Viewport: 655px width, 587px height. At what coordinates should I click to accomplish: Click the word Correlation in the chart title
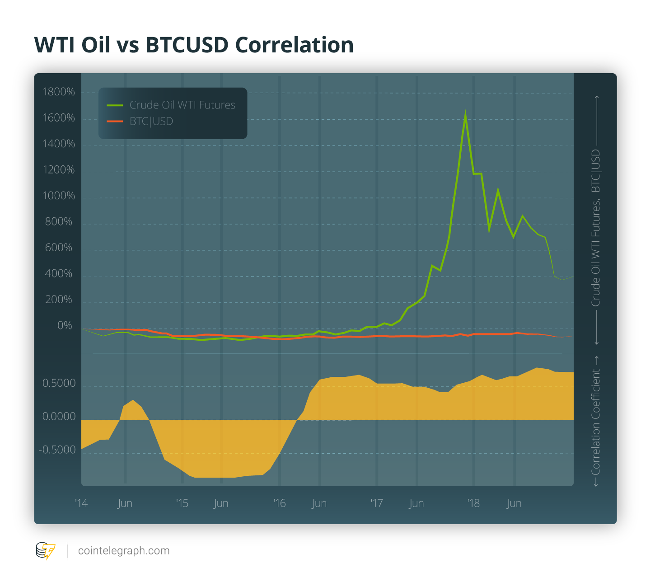(x=294, y=45)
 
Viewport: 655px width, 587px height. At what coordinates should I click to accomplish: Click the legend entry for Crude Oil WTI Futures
(x=182, y=105)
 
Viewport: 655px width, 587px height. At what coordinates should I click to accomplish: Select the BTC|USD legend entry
(x=151, y=121)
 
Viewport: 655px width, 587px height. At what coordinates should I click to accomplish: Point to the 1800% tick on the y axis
(x=59, y=92)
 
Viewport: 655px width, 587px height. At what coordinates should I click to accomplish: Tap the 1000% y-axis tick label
(x=59, y=196)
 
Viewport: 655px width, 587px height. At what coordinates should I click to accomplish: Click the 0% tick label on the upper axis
(x=65, y=325)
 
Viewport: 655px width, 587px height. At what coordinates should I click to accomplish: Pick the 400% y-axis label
(x=59, y=273)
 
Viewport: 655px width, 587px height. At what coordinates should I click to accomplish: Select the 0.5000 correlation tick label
(x=59, y=383)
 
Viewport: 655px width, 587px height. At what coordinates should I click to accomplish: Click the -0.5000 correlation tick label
(x=57, y=450)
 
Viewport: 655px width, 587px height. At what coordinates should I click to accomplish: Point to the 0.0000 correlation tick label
(x=59, y=416)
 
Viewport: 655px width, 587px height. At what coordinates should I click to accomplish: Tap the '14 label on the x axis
(x=81, y=503)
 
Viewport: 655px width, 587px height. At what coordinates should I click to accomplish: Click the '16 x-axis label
(x=279, y=503)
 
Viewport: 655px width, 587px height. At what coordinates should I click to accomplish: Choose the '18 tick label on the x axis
(x=473, y=503)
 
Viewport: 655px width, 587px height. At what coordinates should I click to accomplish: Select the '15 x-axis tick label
(x=182, y=503)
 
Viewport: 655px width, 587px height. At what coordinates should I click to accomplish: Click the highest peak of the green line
(x=465, y=114)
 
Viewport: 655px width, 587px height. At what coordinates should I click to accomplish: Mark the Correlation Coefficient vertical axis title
(x=596, y=421)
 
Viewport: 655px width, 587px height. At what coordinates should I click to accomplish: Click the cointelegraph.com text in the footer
(x=124, y=550)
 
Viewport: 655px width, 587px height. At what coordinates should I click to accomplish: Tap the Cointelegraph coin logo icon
(x=45, y=551)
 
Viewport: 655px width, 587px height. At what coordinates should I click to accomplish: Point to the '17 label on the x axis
(x=376, y=503)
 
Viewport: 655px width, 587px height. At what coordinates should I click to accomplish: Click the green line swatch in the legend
(x=115, y=105)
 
